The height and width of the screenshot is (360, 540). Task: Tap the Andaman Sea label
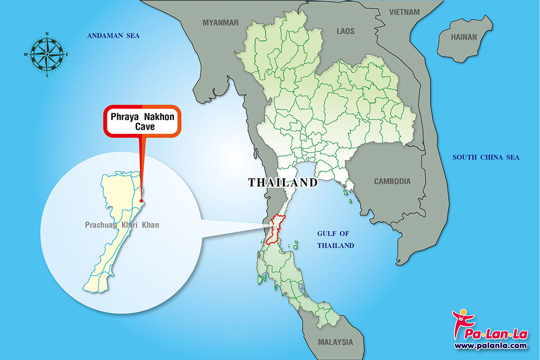click(113, 35)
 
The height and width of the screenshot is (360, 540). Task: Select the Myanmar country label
click(220, 22)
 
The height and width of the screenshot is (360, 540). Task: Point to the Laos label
click(345, 31)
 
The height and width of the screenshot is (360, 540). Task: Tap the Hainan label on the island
click(464, 37)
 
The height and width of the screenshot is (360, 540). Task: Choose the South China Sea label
click(486, 157)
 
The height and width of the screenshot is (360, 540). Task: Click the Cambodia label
click(392, 181)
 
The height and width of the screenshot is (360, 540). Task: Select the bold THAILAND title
click(283, 182)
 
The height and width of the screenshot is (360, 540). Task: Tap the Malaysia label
click(335, 342)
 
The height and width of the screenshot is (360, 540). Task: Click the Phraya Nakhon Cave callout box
click(142, 120)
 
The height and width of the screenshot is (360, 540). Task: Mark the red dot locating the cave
click(141, 201)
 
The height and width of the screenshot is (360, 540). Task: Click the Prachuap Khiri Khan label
click(122, 225)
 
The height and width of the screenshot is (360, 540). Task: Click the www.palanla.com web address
click(490, 345)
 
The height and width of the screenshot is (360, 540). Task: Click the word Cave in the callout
click(142, 126)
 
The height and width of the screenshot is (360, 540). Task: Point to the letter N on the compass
click(46, 34)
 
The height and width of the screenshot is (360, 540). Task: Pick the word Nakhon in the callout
click(158, 117)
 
